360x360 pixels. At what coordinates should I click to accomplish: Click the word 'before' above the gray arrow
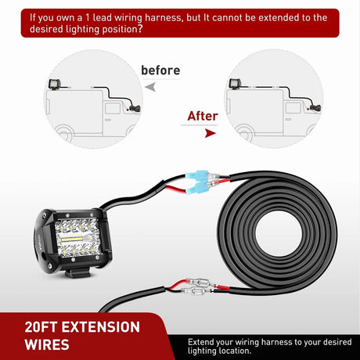(160, 70)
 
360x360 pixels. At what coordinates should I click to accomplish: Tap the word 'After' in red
(202, 116)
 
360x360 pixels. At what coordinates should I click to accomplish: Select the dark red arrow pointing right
(189, 133)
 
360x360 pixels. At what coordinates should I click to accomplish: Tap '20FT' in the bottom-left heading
(38, 327)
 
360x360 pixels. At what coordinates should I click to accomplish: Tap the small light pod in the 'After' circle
(235, 85)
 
